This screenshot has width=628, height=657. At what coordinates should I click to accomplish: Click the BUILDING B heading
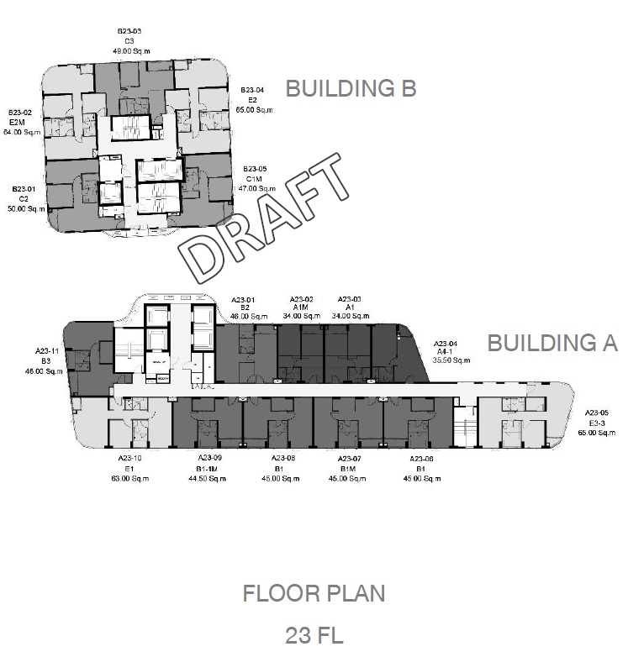351,88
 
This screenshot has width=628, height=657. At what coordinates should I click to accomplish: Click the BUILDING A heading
552,343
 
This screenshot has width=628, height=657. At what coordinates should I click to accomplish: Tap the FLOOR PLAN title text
314,593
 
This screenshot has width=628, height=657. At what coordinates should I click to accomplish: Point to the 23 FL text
314,634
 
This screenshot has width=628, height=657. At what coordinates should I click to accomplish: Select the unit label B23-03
129,31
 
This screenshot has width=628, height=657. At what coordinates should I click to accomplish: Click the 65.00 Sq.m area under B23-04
254,110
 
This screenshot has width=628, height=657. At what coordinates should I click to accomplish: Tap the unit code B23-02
21,113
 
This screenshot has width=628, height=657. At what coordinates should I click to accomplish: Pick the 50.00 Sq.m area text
25,208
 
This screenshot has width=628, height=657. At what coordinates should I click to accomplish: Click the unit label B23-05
255,169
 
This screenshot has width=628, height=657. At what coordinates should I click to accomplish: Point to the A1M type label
302,307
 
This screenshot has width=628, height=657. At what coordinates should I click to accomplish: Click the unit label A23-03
350,299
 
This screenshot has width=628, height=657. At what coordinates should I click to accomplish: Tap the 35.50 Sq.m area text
451,360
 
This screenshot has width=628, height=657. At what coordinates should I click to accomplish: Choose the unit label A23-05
597,413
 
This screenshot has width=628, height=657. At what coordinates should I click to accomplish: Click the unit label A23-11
47,351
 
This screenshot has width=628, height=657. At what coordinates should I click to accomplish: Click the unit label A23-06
422,459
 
